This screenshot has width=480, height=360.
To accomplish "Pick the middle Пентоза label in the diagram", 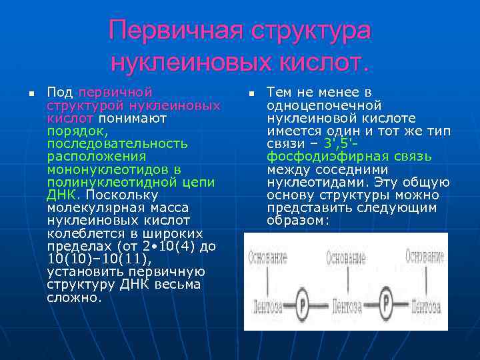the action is (346, 308).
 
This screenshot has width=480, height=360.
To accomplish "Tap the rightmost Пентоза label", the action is (425, 308).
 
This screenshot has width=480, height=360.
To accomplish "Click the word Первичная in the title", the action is (177, 31).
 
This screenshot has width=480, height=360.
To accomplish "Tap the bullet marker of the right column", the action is (251, 92).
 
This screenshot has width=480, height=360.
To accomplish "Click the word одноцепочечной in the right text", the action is (323, 105).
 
